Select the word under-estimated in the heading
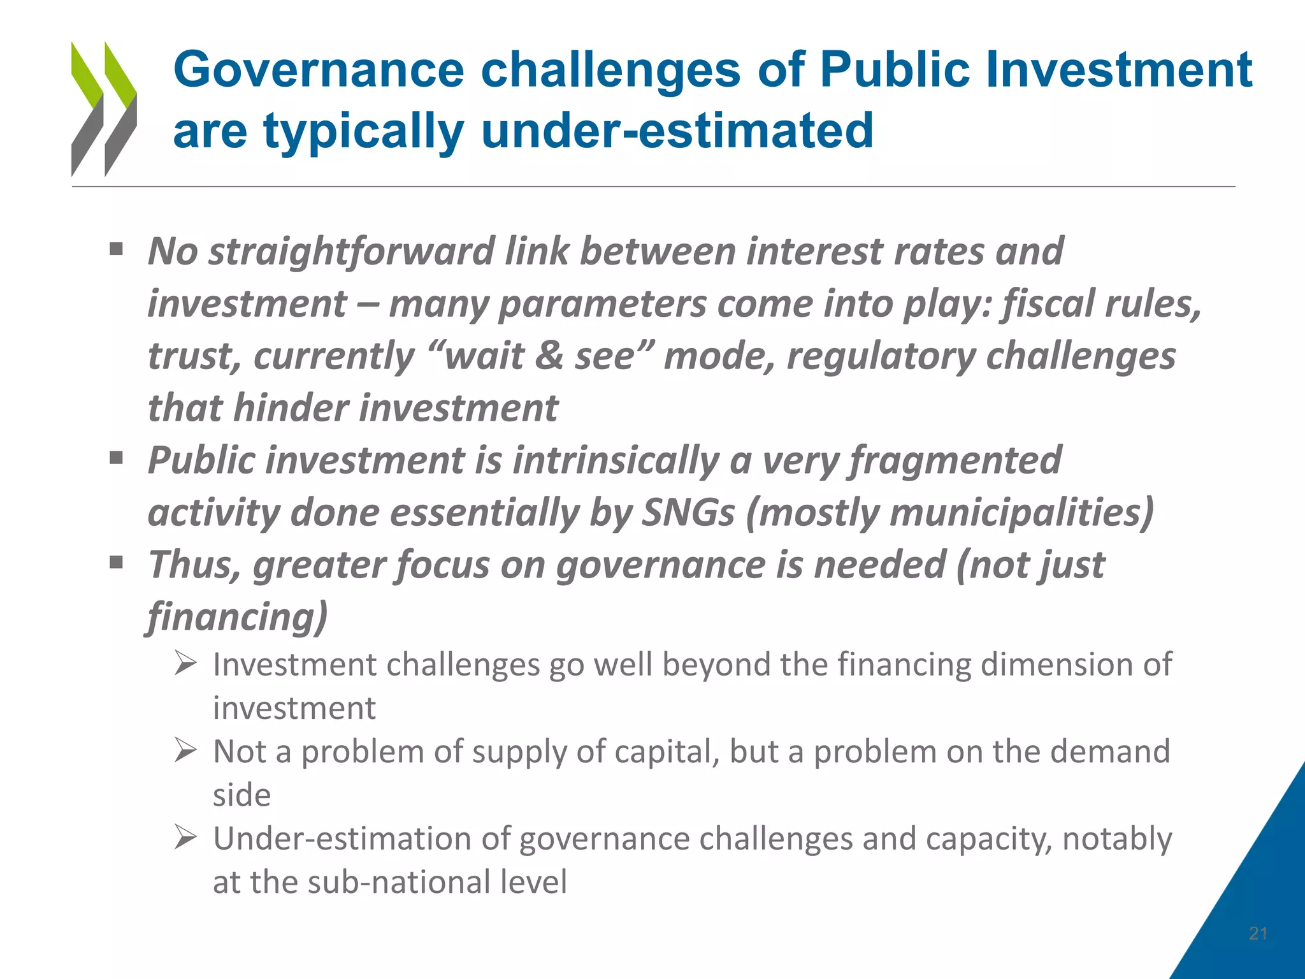pyautogui.click(x=677, y=131)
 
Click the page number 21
pyautogui.click(x=1258, y=934)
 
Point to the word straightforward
pyautogui.click(x=352, y=252)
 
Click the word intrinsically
pyautogui.click(x=616, y=461)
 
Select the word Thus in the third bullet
pyautogui.click(x=194, y=565)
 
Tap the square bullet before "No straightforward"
pyautogui.click(x=116, y=249)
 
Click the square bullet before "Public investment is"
pyautogui.click(x=116, y=458)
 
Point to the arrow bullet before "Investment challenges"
pyautogui.click(x=185, y=664)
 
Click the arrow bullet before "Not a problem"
pyautogui.click(x=185, y=751)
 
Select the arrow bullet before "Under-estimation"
pyautogui.click(x=185, y=838)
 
